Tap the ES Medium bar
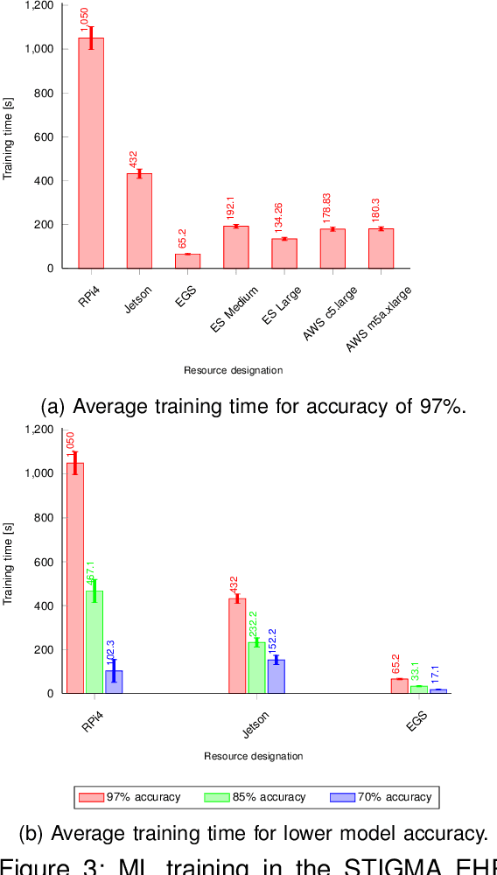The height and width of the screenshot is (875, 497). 235,247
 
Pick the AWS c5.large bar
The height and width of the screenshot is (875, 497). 332,248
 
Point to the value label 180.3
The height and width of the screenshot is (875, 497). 379,207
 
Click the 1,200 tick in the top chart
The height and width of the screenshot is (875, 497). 39,5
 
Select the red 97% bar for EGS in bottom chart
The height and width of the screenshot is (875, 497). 400,685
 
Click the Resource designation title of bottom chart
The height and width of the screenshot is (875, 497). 254,756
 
